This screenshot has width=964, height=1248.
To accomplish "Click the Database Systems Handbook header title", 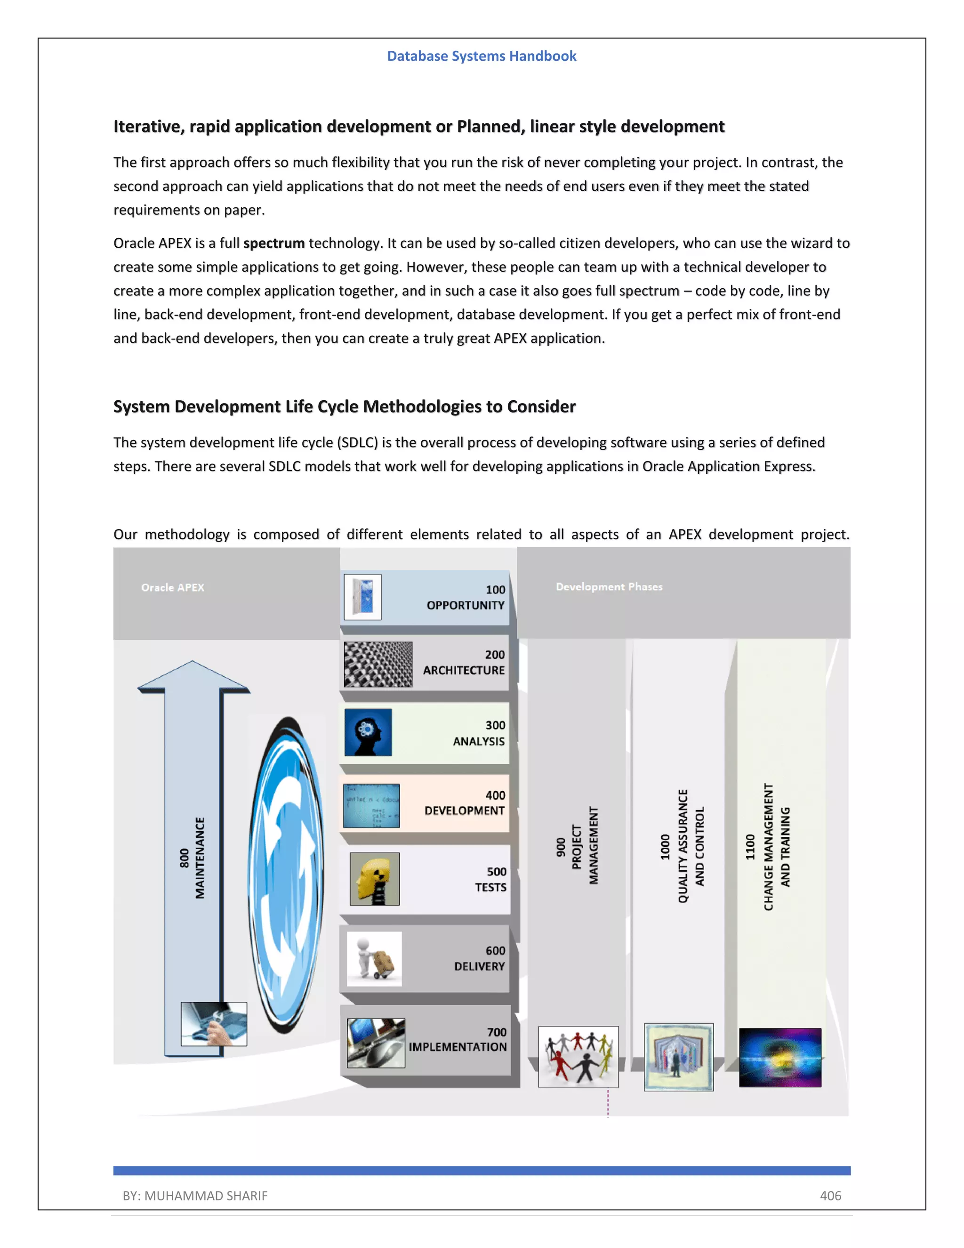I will [482, 56].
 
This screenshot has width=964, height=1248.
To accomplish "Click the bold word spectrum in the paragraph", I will [273, 243].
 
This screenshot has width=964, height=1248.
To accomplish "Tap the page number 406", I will [830, 1195].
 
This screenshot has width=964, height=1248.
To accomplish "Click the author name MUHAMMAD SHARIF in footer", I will [206, 1195].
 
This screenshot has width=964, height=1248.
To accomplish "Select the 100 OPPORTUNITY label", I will [466, 598].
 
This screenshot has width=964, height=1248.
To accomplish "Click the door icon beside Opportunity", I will [362, 597].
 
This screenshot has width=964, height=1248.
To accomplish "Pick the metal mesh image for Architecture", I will [378, 664].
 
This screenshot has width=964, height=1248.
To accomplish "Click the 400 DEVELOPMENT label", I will [464, 803].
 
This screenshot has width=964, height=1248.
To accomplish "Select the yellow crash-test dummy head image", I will [374, 878].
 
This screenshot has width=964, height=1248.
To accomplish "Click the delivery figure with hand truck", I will [374, 959].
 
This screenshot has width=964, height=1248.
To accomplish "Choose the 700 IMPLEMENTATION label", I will [458, 1039].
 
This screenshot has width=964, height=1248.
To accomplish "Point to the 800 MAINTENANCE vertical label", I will [192, 858].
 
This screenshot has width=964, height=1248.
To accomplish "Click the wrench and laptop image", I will [214, 1024].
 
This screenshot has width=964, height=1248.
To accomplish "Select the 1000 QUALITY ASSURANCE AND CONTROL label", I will [683, 846].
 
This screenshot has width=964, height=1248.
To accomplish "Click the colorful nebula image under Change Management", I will [780, 1057].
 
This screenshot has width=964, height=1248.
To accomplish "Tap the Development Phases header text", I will [609, 587].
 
